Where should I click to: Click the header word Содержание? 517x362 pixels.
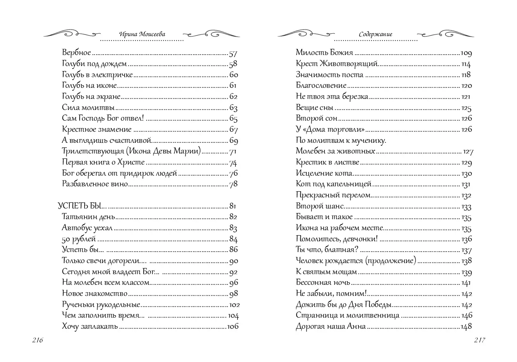pyautogui.click(x=375, y=34)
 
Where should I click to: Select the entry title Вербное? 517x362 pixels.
pyautogui.click(x=76, y=53)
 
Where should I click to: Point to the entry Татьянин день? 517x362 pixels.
pyautogui.click(x=88, y=217)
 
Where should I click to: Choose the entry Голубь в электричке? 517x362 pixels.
pyautogui.click(x=97, y=75)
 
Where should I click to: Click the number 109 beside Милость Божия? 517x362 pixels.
pyautogui.click(x=466, y=53)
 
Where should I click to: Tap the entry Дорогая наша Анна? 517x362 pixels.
pyautogui.click(x=331, y=327)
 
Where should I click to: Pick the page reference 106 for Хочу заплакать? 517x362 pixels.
pyautogui.click(x=233, y=327)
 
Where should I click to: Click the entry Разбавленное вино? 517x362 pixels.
pyautogui.click(x=95, y=184)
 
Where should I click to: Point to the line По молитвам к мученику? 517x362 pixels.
pyautogui.click(x=341, y=140)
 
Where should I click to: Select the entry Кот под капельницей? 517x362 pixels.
pyautogui.click(x=333, y=184)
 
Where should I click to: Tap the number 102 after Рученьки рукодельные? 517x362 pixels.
pyautogui.click(x=234, y=305)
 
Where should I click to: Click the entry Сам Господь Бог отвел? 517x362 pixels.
pyautogui.click(x=103, y=119)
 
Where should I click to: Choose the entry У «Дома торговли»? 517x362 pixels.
pyautogui.click(x=330, y=130)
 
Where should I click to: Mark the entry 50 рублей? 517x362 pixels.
pyautogui.click(x=79, y=239)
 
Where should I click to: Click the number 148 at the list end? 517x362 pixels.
pyautogui.click(x=467, y=327)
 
